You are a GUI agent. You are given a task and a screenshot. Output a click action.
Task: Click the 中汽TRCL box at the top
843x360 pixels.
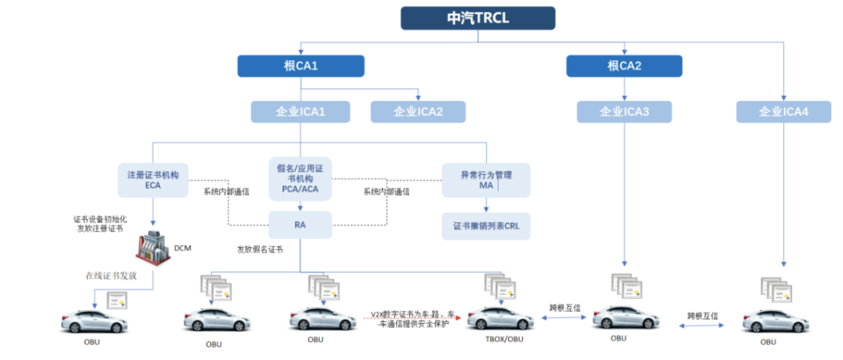(x=477, y=18)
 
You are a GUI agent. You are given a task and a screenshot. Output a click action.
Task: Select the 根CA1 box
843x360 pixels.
(x=301, y=66)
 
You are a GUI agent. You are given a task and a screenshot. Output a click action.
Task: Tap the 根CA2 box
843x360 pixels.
(x=624, y=66)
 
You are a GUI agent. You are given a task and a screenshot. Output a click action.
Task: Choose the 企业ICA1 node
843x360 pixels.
(x=301, y=112)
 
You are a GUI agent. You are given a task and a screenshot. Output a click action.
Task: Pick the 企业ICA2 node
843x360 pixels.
(x=417, y=112)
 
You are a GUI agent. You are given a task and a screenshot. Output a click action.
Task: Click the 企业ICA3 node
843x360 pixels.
(x=624, y=112)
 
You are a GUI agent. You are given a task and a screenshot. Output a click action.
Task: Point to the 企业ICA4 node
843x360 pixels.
(x=783, y=112)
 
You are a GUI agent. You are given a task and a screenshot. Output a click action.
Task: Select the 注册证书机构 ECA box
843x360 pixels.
(x=153, y=180)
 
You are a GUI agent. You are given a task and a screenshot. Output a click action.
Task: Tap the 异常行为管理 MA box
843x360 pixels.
(x=485, y=180)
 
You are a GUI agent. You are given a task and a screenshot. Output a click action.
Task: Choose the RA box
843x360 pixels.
(x=300, y=224)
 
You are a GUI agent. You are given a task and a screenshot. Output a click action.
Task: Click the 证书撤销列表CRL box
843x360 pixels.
(x=485, y=225)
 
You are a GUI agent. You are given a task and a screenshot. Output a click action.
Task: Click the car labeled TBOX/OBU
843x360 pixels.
(x=500, y=318)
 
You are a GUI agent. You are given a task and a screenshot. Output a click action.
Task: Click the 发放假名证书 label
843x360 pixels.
(x=260, y=249)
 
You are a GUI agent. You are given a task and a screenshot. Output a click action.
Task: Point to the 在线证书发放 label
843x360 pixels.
(x=111, y=275)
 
